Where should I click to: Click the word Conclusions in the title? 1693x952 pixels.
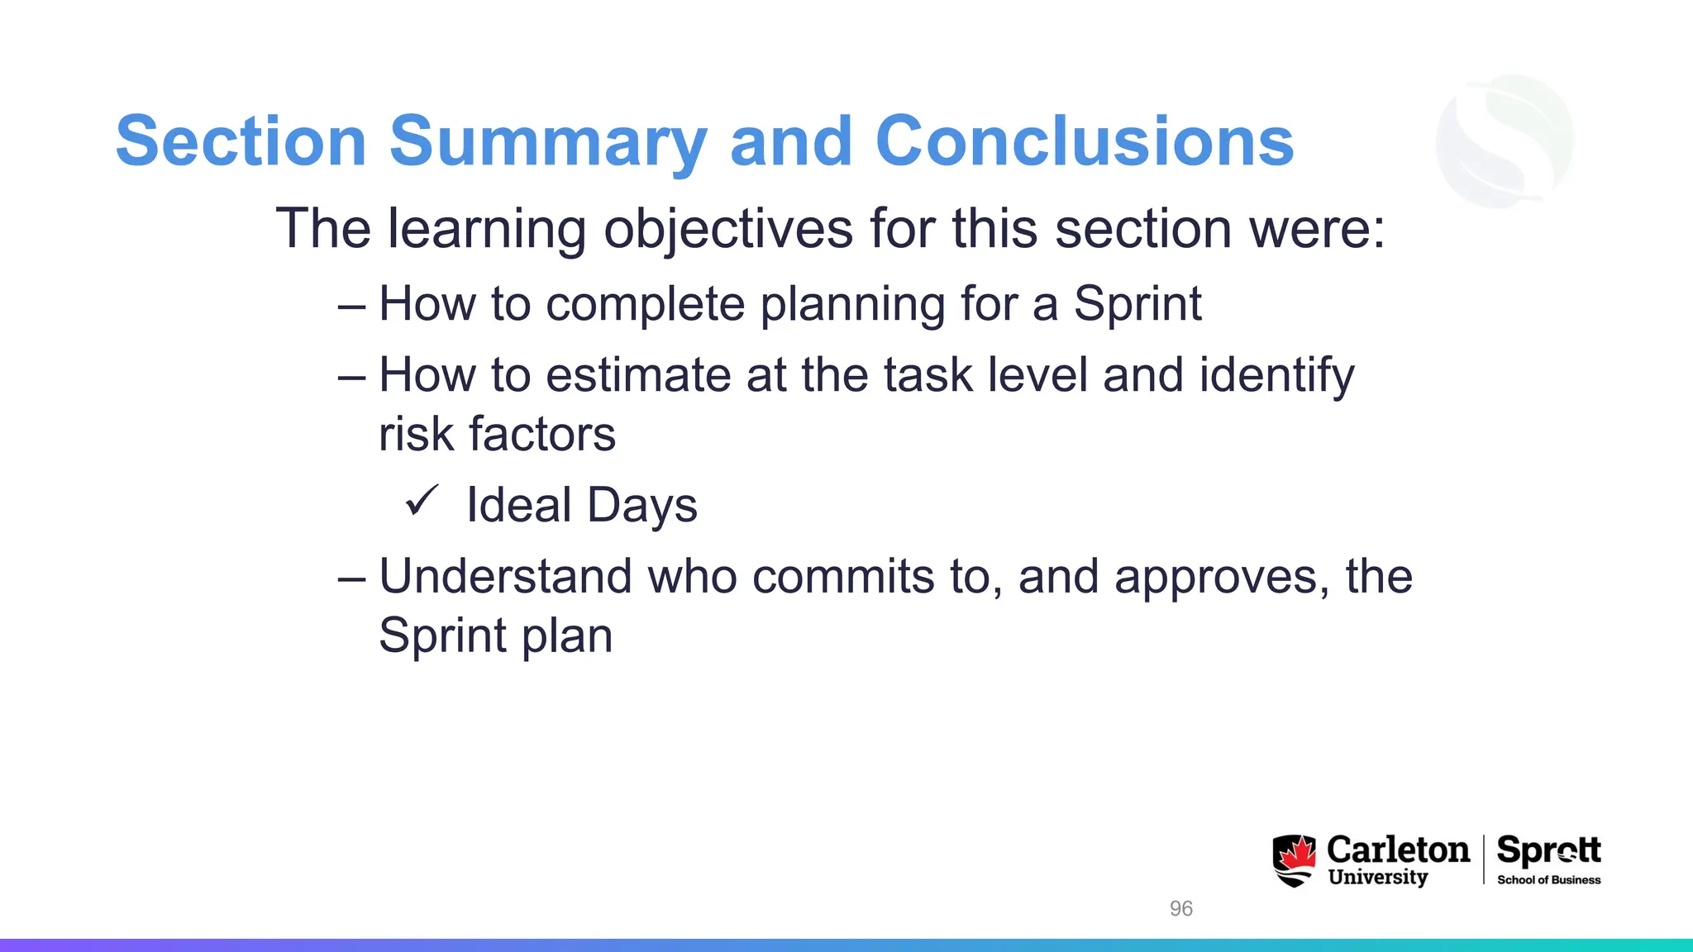pos(1084,142)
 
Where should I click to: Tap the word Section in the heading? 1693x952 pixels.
pos(241,142)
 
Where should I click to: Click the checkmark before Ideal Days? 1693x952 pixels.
pos(422,501)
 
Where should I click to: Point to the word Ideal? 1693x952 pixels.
pos(518,505)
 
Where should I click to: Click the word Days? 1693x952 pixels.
pos(642,507)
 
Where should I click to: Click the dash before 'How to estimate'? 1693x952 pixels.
pos(351,377)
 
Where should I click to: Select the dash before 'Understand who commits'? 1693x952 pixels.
pos(351,578)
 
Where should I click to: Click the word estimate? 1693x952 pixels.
pos(638,376)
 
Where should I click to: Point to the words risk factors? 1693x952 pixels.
pos(497,435)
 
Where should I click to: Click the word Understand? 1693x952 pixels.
pos(505,576)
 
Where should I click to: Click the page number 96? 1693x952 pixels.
pos(1180,908)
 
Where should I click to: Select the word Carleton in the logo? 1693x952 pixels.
pos(1397,850)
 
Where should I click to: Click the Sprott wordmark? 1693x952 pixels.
pos(1548,850)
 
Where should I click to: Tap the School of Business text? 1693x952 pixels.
pos(1548,880)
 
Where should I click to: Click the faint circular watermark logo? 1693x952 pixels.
pos(1505,140)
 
